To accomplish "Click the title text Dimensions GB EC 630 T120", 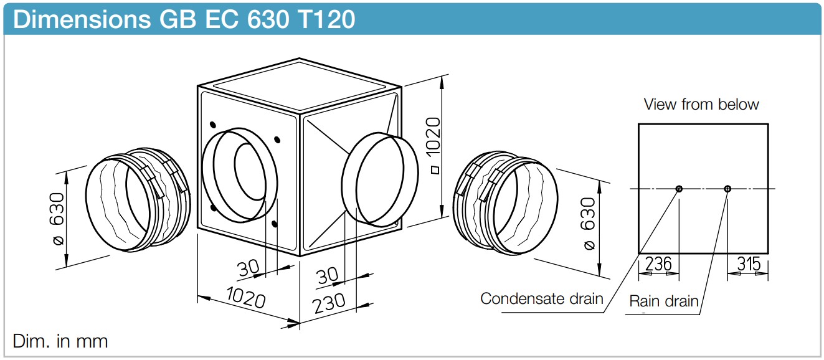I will point(184,19).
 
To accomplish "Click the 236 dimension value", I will point(658,264).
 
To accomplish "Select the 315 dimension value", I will point(749,264).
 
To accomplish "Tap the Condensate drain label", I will point(541,298).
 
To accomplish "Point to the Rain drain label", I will point(663,301).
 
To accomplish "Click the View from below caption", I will point(701,104).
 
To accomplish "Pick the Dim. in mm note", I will point(60,341).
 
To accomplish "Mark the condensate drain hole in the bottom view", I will point(679,189).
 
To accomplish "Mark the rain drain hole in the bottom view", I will point(727,189).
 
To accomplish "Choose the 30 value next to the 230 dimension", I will point(328,275).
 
